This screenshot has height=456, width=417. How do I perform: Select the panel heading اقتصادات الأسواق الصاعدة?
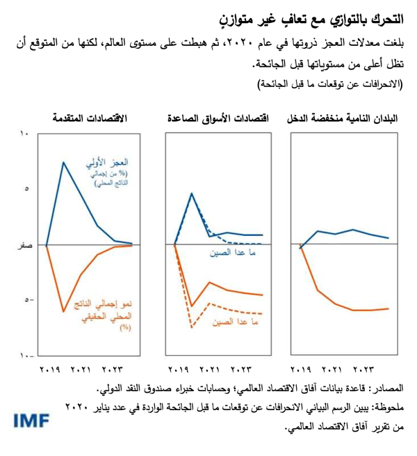tap(218, 119)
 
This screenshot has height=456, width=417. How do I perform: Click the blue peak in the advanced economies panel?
tap(64, 162)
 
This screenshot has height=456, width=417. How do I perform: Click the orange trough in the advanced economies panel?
tap(64, 311)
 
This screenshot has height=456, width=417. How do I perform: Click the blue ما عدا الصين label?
tap(226, 255)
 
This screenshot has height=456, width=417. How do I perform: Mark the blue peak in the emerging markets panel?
tap(192, 194)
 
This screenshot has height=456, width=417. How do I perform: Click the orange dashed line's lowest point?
tap(191, 327)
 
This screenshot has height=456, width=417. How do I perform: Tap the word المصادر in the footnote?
tap(388, 387)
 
